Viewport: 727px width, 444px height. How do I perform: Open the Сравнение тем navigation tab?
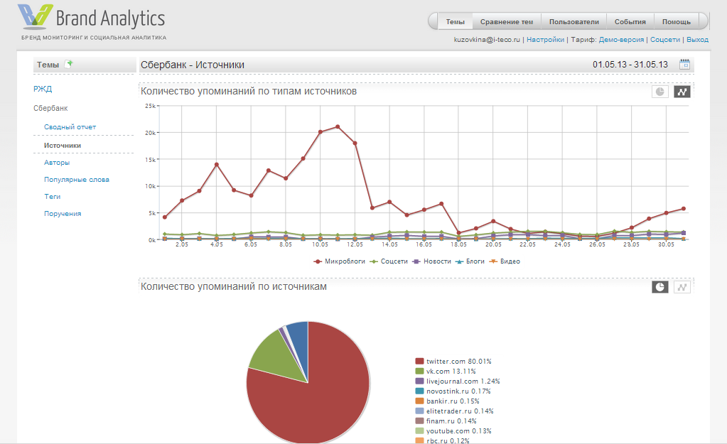tap(507, 21)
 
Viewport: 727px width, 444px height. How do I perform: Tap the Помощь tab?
tap(676, 21)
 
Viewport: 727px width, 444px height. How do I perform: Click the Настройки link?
tap(545, 40)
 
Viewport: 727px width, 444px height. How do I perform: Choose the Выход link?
tap(698, 40)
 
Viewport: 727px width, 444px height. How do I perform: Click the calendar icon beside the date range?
tap(685, 65)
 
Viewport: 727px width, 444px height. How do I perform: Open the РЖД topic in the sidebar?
tap(43, 89)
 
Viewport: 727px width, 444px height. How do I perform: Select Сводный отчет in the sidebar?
tap(70, 127)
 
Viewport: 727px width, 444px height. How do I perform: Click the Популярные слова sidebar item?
tap(76, 180)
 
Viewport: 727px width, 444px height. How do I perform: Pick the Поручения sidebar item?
tap(63, 214)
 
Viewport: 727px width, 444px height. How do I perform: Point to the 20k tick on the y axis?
tap(150, 133)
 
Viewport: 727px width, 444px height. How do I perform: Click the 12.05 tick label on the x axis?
tap(355, 244)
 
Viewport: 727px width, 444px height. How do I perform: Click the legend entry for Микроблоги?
tap(340, 261)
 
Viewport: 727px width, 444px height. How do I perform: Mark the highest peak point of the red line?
tap(338, 127)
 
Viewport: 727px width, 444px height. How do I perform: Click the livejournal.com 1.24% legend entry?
tap(453, 381)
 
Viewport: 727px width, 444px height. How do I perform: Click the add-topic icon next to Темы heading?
tap(68, 64)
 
